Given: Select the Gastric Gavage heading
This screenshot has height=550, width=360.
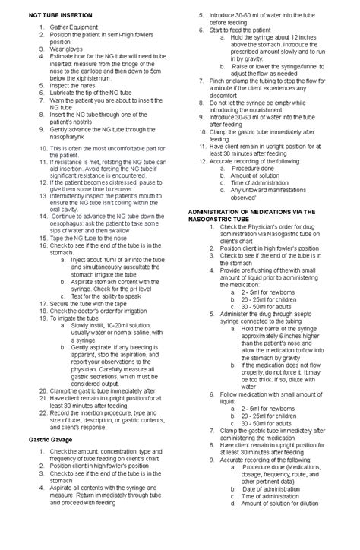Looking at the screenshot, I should click(x=50, y=439).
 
